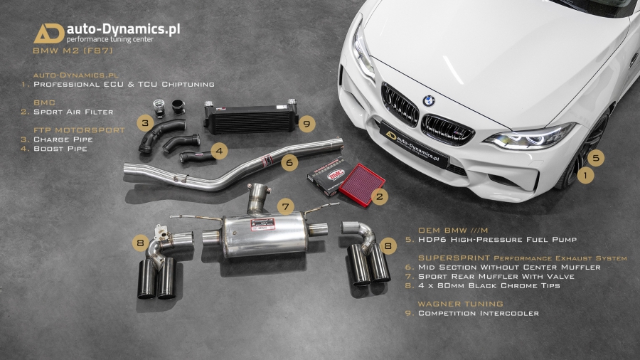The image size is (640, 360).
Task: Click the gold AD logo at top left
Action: point(49,33)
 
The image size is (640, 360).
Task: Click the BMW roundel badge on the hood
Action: point(428,100)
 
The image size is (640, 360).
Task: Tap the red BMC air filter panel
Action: point(362,185)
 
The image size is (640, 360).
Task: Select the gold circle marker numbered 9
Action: point(306,123)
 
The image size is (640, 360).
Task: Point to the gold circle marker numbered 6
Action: point(289,162)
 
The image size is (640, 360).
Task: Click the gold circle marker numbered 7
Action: point(286,206)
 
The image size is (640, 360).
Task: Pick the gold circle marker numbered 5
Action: point(596,157)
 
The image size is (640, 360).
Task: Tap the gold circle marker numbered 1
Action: point(586,176)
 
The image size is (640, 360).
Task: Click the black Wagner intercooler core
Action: point(251,120)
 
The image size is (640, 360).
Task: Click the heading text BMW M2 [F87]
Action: point(73,51)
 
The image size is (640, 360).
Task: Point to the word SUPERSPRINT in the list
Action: point(454,258)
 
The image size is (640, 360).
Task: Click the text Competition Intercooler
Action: point(479,314)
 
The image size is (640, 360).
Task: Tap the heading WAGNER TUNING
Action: point(460,304)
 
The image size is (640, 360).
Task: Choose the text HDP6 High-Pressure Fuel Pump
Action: point(498,240)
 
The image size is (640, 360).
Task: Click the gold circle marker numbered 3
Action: point(145,123)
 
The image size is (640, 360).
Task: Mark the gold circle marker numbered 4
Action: point(219,151)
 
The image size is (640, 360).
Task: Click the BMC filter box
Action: point(327,176)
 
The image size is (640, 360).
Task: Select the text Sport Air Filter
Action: point(73,112)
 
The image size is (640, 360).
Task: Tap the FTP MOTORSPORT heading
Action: point(79,130)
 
